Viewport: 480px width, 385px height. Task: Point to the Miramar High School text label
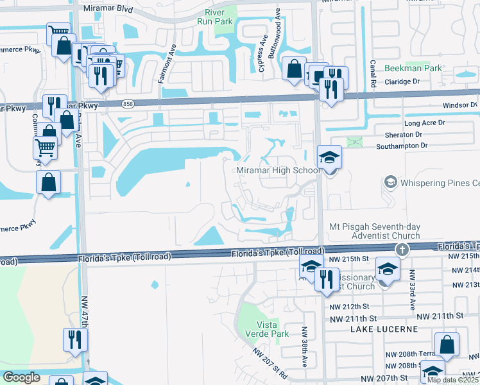click(277, 170)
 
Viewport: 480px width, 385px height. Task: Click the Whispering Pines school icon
click(390, 183)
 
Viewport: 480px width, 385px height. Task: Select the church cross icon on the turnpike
click(402, 249)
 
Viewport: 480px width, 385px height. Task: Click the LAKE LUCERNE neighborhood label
click(384, 329)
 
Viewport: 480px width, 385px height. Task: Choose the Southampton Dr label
click(402, 146)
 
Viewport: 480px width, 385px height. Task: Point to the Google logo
click(22, 377)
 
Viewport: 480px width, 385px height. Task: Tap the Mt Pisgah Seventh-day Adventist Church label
click(374, 230)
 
